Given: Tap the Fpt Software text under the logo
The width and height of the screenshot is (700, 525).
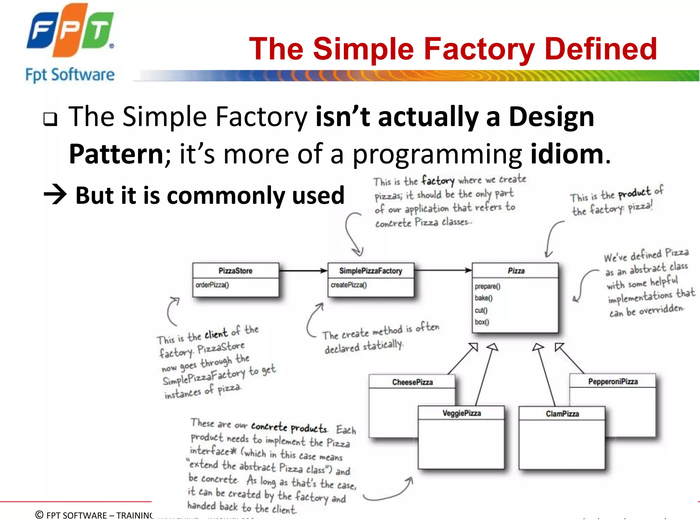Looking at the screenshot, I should (70, 75).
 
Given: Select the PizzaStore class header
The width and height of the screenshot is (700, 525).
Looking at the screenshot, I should (235, 271).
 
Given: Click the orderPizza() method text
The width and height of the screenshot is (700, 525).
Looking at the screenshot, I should (212, 285).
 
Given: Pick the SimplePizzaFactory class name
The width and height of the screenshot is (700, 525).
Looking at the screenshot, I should (371, 271).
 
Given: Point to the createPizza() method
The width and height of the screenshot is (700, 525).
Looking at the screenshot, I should (348, 285).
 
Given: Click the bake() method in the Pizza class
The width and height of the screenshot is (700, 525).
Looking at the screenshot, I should (483, 298).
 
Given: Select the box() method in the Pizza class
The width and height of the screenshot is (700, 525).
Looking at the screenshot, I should (482, 322).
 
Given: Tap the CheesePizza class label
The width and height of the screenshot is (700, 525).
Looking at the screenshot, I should (412, 382).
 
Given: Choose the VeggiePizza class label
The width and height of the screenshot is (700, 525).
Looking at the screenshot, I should (461, 413).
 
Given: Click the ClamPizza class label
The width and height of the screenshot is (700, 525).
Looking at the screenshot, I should (562, 414).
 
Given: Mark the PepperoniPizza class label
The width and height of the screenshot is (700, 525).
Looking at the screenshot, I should (612, 381).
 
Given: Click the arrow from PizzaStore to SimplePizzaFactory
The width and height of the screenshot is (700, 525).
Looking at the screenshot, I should (303, 271).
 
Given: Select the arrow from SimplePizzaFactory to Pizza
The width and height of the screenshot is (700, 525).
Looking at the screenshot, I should (443, 270).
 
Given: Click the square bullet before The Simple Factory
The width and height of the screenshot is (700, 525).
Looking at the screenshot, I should (50, 119).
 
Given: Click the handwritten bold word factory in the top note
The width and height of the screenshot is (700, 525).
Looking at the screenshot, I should (437, 180).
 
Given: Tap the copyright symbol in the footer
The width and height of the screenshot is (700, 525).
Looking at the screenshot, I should (39, 515).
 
